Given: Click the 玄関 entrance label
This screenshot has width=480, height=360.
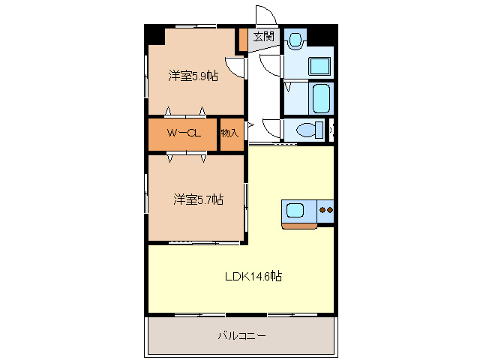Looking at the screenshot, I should click(x=263, y=36).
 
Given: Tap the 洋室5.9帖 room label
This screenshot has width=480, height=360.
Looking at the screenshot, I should click(x=193, y=76).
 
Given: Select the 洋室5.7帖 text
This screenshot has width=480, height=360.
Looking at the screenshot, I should click(x=199, y=199).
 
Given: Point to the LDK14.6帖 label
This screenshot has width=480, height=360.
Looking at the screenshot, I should click(x=253, y=276).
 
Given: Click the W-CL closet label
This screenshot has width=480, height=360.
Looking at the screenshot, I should click(x=183, y=133).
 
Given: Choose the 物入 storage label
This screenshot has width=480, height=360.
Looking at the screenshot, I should click(x=229, y=133).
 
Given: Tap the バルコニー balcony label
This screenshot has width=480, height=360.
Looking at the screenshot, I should click(x=241, y=335).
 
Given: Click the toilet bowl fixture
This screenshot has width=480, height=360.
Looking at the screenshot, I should click(x=307, y=130).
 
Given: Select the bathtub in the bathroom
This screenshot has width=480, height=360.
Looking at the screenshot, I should click(x=320, y=97).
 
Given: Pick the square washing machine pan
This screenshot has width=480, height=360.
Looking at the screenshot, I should click(x=321, y=65).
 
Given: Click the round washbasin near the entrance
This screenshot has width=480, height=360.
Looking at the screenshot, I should click(x=295, y=39).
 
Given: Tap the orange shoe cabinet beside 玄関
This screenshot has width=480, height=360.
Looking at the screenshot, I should click(x=242, y=40).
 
